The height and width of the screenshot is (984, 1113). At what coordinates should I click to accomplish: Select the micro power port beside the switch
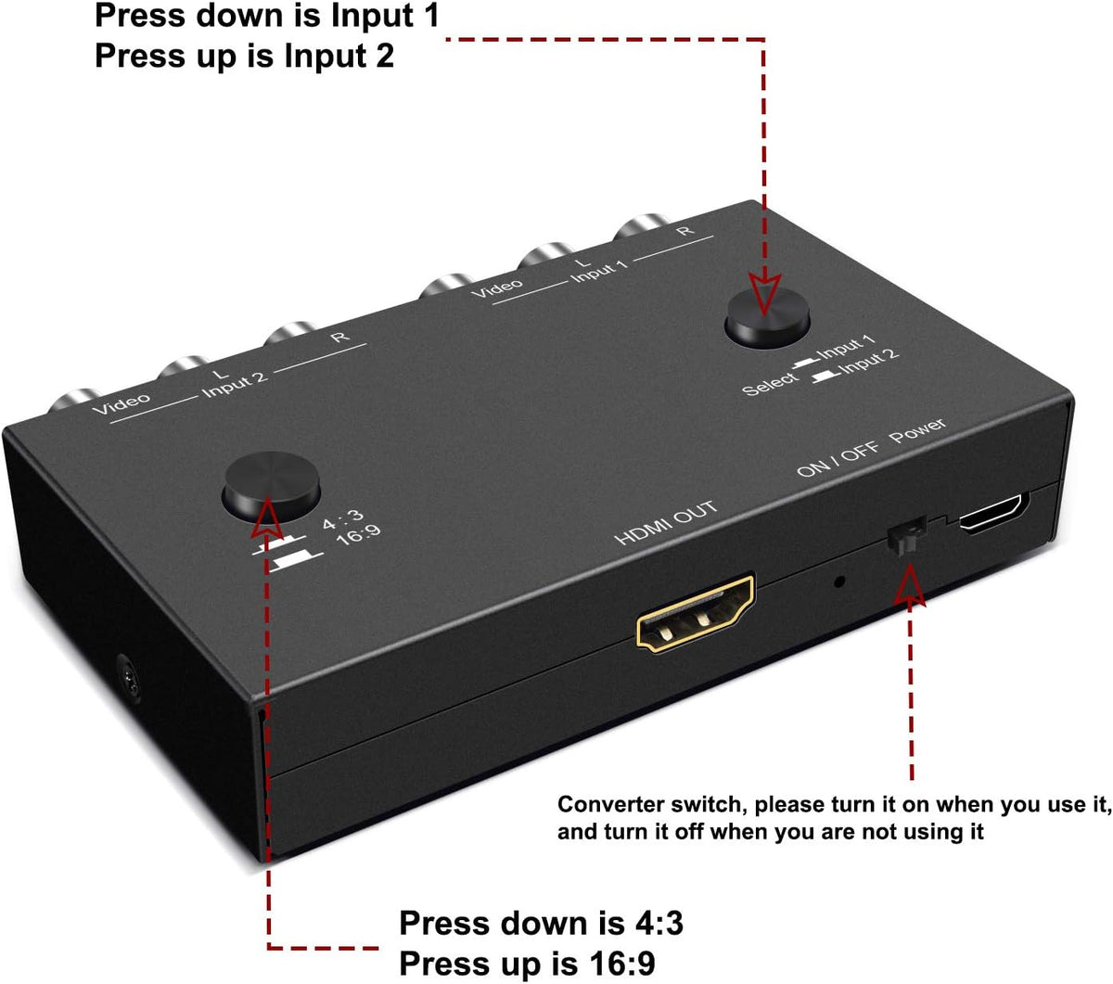click(992, 513)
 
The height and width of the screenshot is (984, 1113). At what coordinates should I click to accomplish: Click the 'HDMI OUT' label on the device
click(666, 523)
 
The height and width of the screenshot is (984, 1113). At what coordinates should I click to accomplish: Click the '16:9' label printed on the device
click(358, 535)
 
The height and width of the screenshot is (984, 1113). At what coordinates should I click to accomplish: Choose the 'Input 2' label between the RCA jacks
click(235, 384)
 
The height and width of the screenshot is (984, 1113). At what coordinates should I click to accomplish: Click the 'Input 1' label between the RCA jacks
click(598, 272)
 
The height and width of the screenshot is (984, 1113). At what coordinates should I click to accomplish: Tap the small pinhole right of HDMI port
click(839, 581)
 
